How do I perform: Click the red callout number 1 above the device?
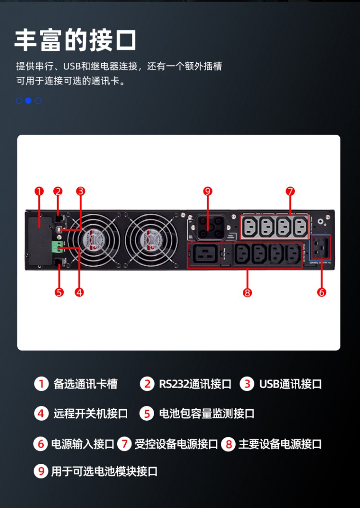39,191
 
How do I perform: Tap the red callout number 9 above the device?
207,191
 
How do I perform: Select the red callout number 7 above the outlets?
290,191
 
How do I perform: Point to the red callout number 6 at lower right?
322,292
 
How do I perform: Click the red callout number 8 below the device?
247,292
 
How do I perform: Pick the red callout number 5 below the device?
59,292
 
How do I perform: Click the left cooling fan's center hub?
95,238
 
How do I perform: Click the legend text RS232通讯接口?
195,384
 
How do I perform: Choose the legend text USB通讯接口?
290,384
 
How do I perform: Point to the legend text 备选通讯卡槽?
85,384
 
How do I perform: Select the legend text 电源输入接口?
83,444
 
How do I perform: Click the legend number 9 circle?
41,472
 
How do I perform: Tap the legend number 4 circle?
41,413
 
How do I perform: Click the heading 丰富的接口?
75,40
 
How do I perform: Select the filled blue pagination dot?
28,101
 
